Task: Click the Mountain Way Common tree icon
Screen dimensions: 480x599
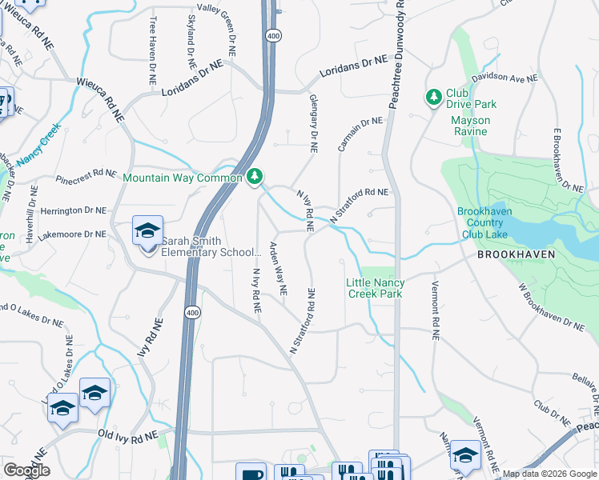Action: pyautogui.click(x=255, y=176)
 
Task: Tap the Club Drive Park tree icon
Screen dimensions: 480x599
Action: pyautogui.click(x=434, y=98)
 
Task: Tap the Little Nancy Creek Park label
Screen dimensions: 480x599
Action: pyautogui.click(x=375, y=288)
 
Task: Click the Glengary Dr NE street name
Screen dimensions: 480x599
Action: pyautogui.click(x=313, y=123)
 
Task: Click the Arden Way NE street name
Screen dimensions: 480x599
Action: pyautogui.click(x=277, y=269)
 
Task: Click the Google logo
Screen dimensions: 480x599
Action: pyautogui.click(x=27, y=470)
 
